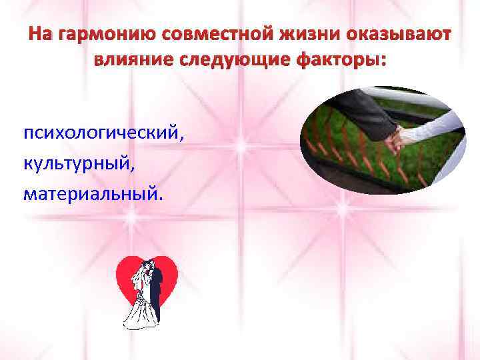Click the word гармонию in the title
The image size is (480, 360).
click(x=92, y=35)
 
